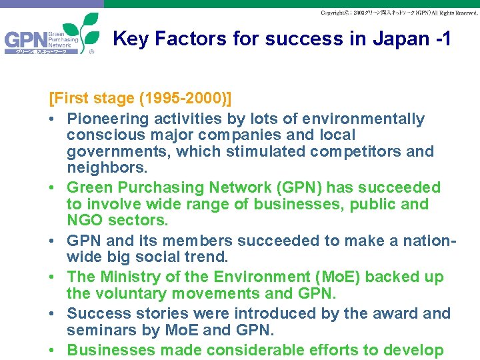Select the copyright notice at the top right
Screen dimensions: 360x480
pos(398,13)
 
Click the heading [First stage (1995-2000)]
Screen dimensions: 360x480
pos(141,99)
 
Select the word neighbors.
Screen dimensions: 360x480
pos(104,167)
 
